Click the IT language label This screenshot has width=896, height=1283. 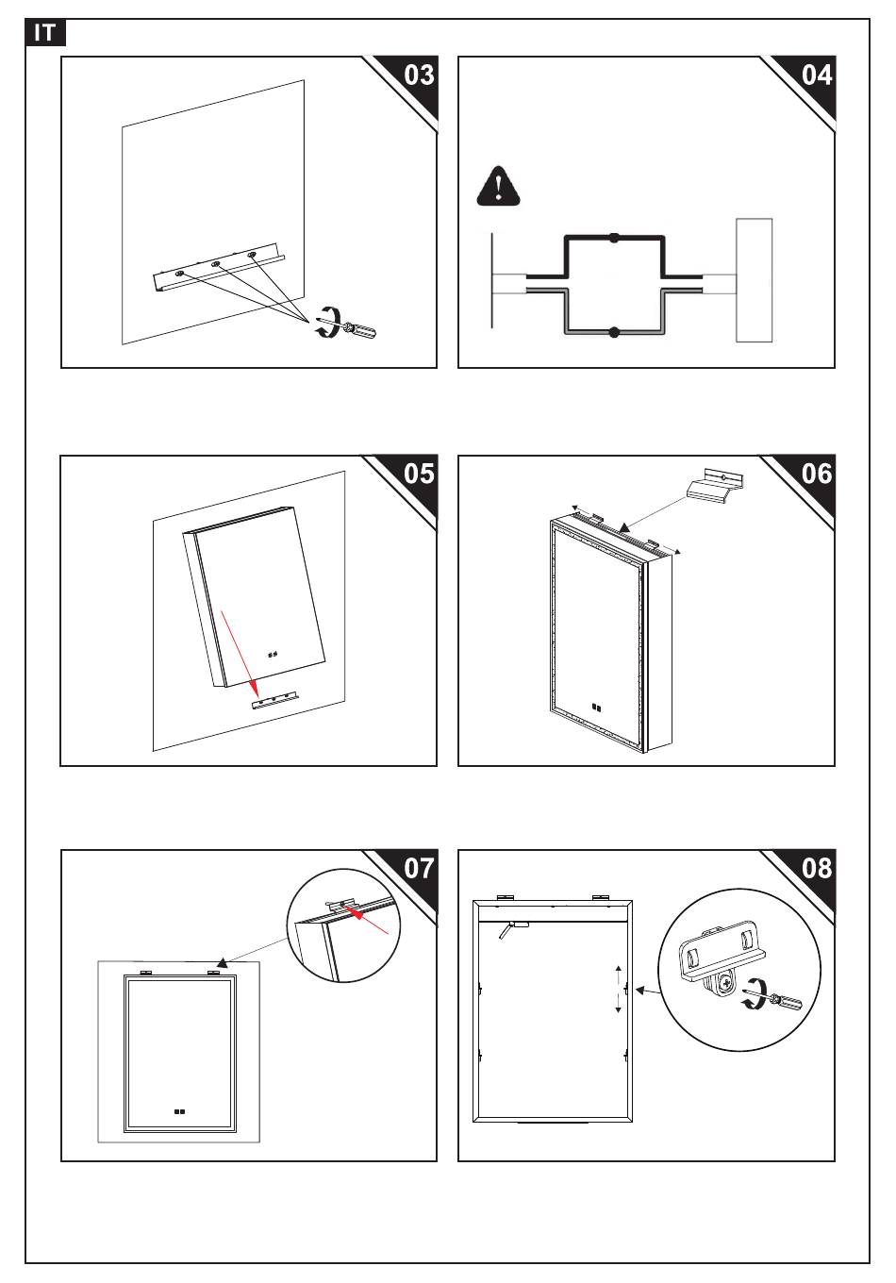pos(44,33)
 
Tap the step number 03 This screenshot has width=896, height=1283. pos(419,75)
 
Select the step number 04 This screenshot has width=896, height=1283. pos(817,75)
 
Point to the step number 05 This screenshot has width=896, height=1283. pos(419,474)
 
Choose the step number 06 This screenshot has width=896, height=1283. pos(817,474)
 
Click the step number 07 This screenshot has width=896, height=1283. pos(419,868)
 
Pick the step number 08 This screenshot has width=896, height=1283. pos(817,868)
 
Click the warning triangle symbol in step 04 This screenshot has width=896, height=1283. pos(499,187)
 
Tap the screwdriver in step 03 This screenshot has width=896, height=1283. pos(358,330)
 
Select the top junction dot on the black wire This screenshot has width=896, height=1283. pos(614,237)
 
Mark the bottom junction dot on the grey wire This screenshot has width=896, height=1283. pos(614,332)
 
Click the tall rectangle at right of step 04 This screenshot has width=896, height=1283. pos(754,280)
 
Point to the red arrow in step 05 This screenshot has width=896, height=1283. pos(239,654)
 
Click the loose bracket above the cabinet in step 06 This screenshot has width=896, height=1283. pos(715,486)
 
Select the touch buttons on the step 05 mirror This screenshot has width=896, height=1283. pos(273,654)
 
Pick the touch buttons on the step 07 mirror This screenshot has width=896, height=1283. pos(179,1111)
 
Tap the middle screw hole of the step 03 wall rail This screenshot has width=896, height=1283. pos(216,264)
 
